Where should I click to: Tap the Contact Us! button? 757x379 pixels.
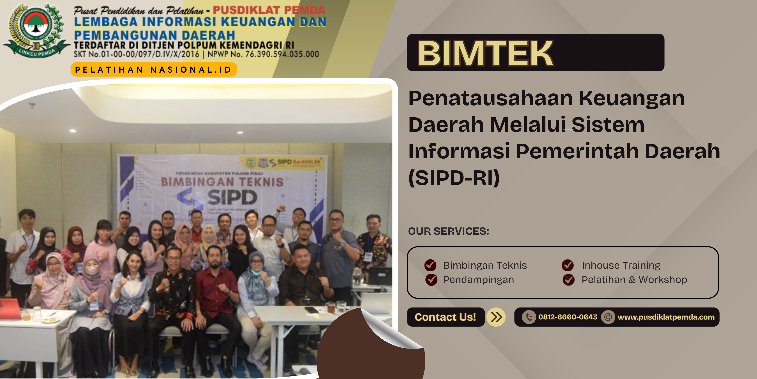click(445, 317)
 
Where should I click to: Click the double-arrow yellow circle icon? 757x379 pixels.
click(496, 317)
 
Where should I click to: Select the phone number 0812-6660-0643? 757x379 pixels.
click(568, 317)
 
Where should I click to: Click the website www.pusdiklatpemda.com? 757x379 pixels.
click(666, 317)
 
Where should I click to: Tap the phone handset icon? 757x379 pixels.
click(529, 317)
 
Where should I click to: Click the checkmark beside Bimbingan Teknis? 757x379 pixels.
click(430, 265)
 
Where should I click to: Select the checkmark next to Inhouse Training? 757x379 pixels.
click(568, 265)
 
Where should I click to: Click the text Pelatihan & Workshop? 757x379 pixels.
click(634, 280)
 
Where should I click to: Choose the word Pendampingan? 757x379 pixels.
click(478, 280)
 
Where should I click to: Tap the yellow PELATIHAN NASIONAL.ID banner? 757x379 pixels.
click(154, 70)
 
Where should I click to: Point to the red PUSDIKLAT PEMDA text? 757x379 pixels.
click(269, 10)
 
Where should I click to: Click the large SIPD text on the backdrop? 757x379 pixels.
click(232, 197)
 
